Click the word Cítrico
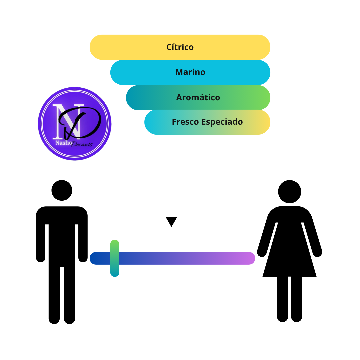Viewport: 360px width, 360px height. click(180, 47)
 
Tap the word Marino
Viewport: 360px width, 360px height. click(190, 72)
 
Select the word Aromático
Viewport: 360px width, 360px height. click(198, 97)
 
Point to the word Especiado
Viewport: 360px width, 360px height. click(222, 122)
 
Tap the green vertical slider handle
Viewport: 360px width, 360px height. click(115, 258)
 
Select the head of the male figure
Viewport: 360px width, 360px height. click(62, 190)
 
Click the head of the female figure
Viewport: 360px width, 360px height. click(290, 191)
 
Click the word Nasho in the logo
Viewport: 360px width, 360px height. click(64, 143)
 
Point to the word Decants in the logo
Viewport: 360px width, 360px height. click(82, 144)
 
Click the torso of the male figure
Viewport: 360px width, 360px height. click(62, 236)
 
